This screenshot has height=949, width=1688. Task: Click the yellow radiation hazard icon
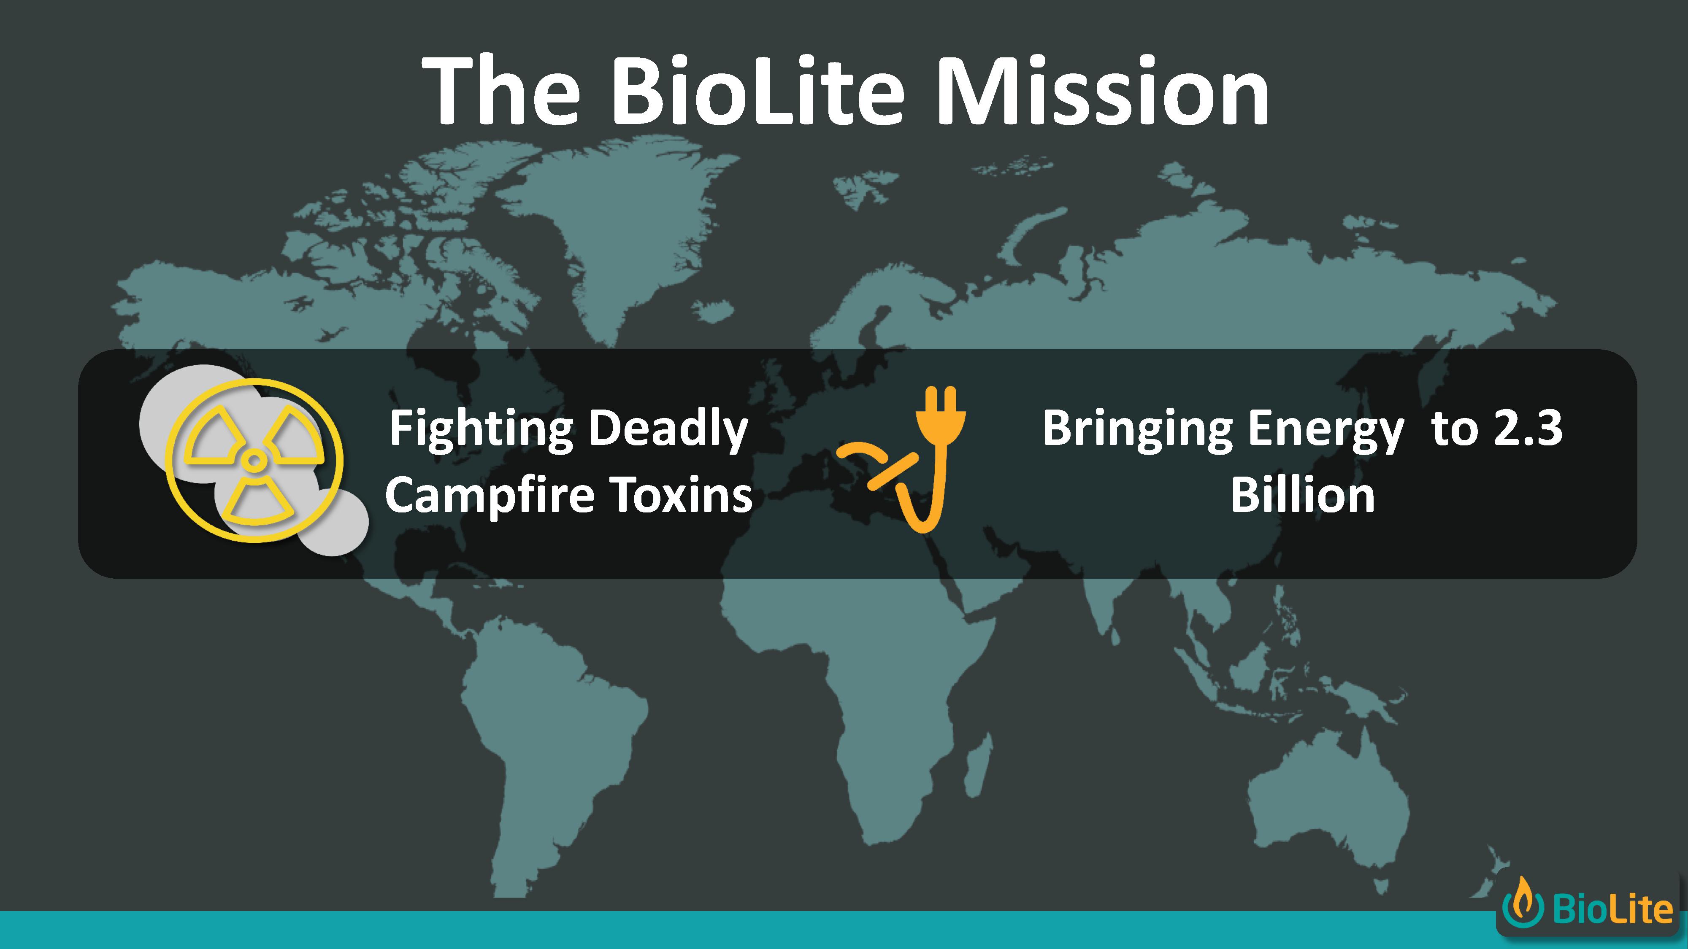[254, 461]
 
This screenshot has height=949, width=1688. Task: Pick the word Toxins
[682, 495]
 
